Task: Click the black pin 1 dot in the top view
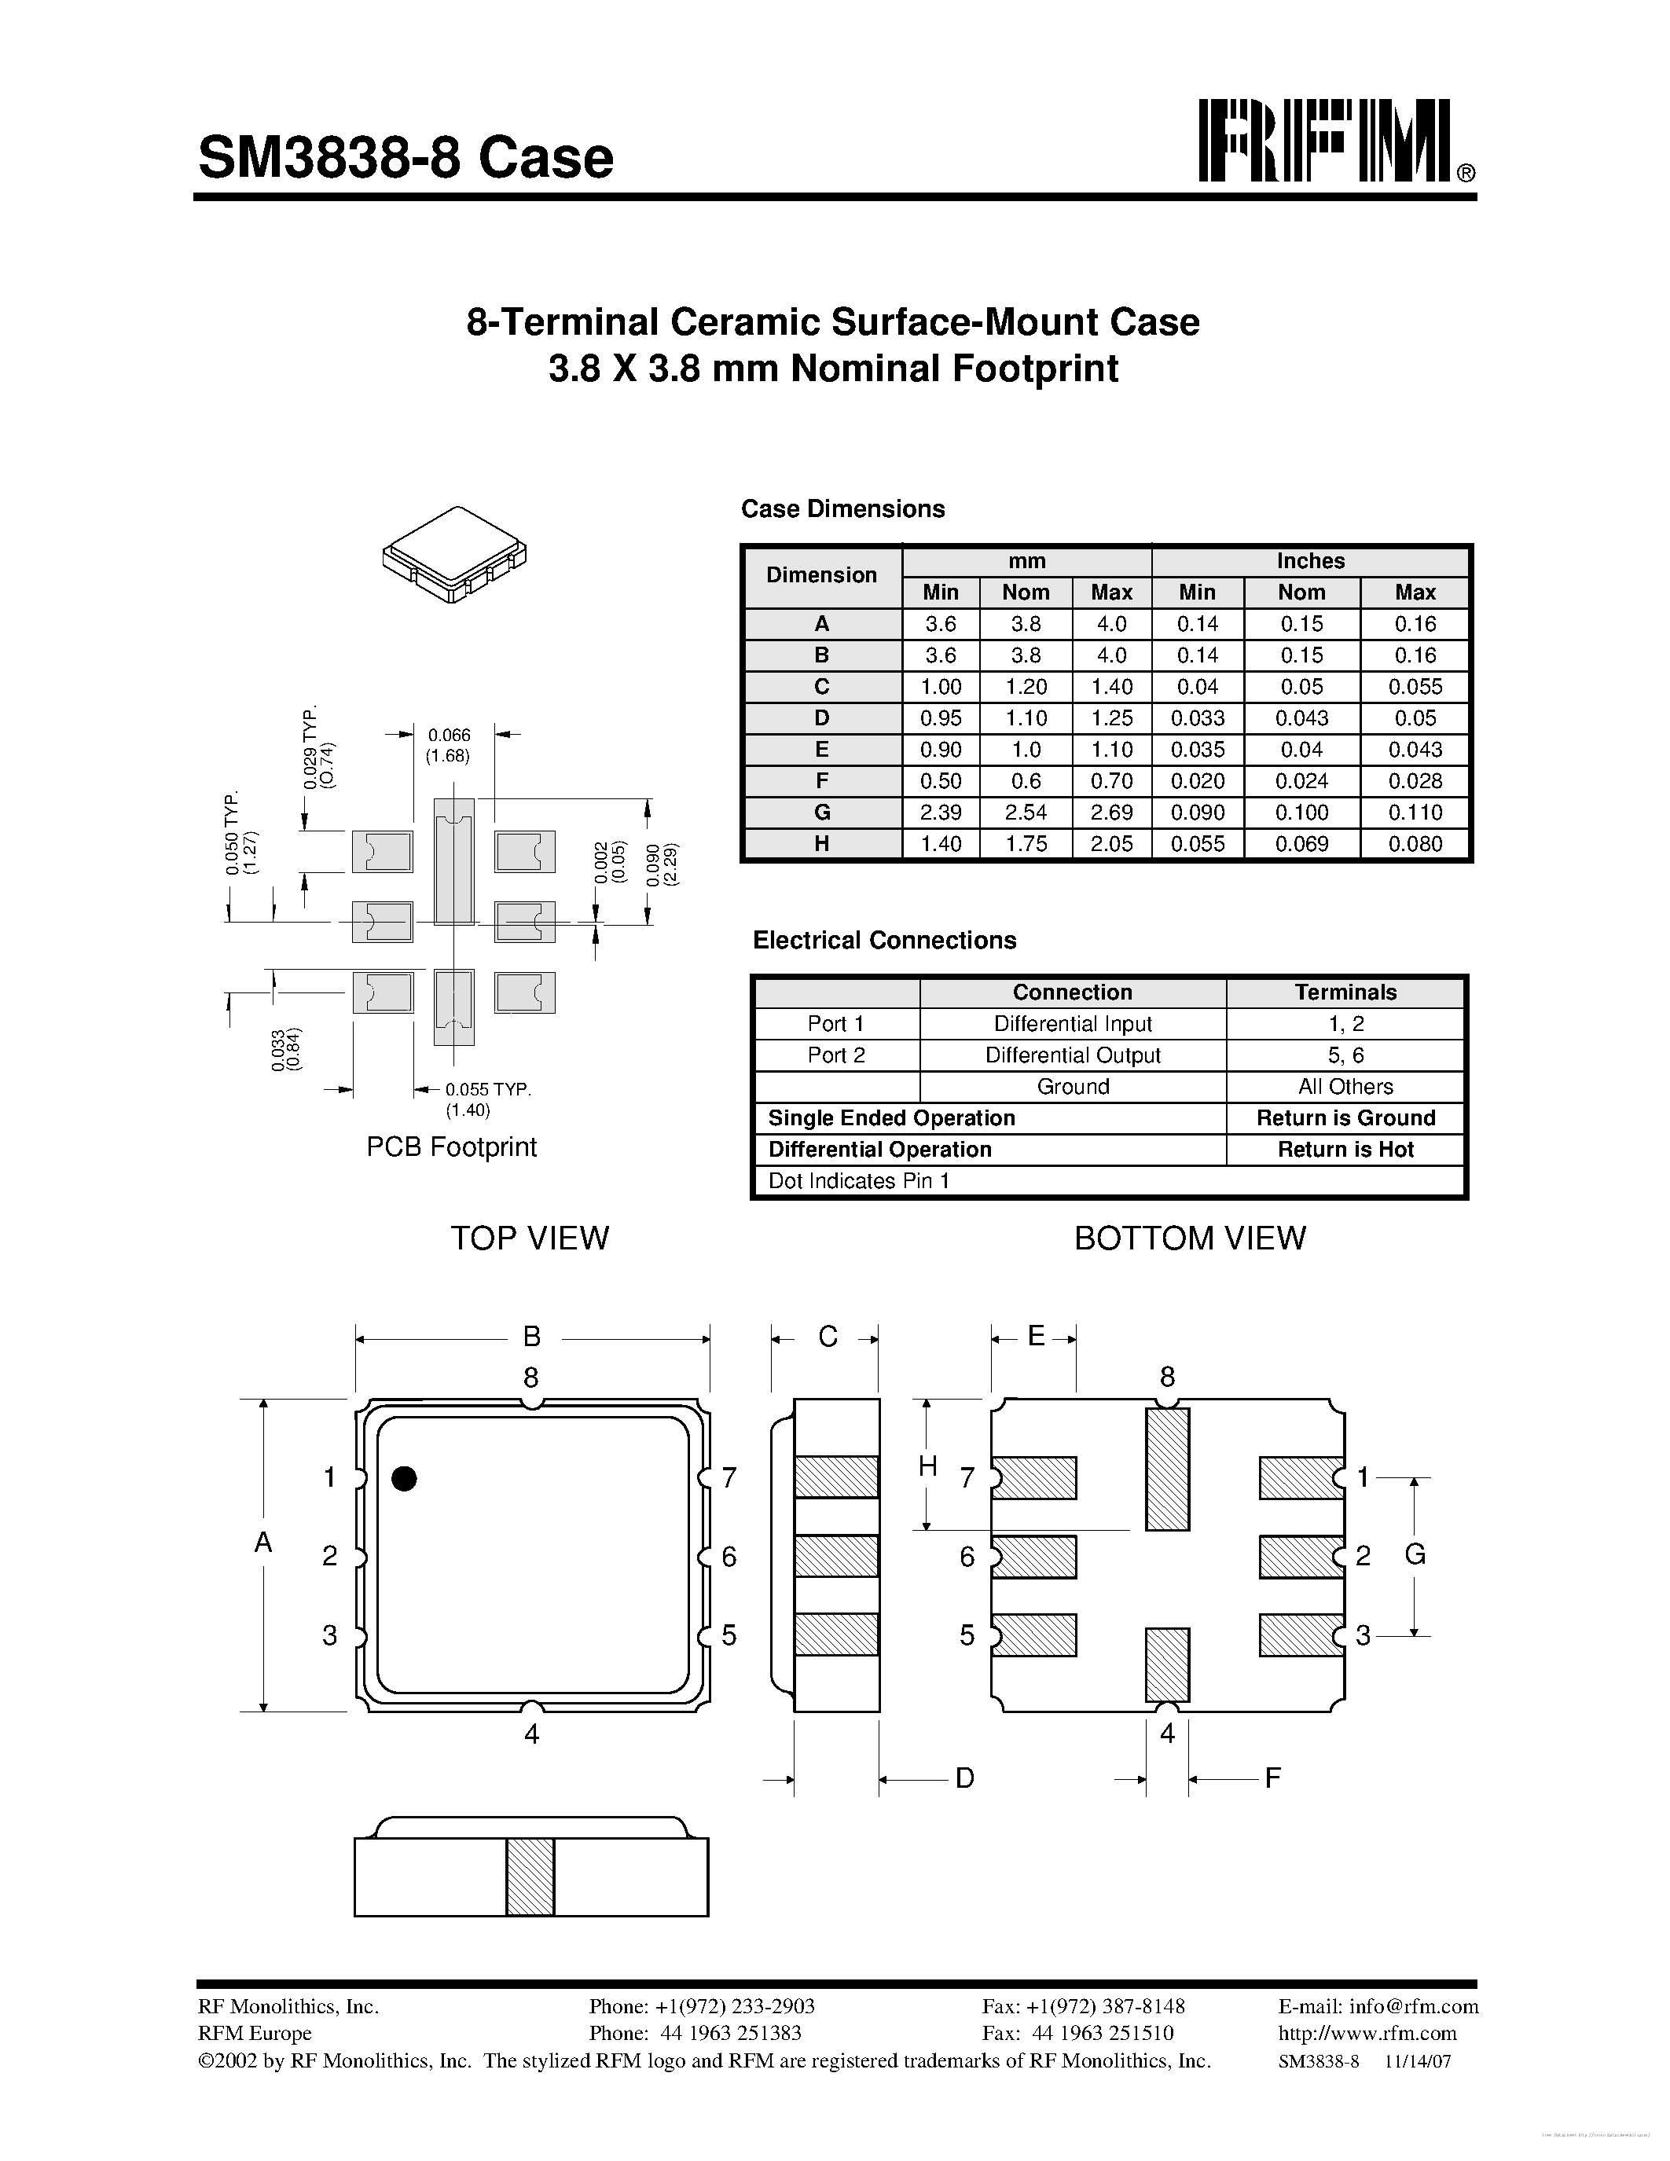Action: [x=404, y=1478]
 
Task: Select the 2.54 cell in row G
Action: [x=1026, y=813]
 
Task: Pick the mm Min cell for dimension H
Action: [x=940, y=844]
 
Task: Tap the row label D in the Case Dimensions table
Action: [x=821, y=718]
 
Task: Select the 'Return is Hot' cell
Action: [x=1345, y=1150]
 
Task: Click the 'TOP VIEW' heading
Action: [x=530, y=1238]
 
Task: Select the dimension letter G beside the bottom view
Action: [x=1415, y=1554]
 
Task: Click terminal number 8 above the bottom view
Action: [x=1167, y=1376]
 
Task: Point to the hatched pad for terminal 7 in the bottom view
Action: [x=1035, y=1477]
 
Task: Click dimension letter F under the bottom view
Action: [x=1273, y=1778]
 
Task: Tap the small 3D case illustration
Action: [x=454, y=554]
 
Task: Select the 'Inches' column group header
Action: [x=1310, y=561]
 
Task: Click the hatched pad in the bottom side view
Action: [x=530, y=1877]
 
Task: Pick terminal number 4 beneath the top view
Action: [x=531, y=1734]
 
